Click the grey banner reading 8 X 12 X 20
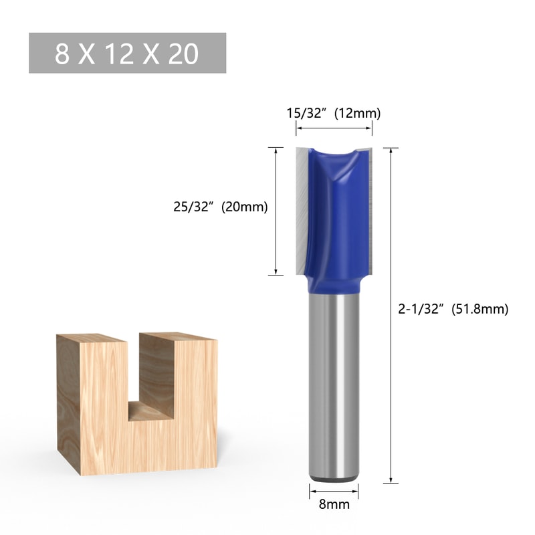click(x=127, y=53)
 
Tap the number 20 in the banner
click(x=184, y=53)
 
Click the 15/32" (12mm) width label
click(x=333, y=112)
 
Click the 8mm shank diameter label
click(x=333, y=505)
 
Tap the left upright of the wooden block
click(x=100, y=401)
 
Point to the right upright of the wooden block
click(x=194, y=401)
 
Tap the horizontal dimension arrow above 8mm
click(x=333, y=492)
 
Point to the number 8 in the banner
click(x=62, y=53)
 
